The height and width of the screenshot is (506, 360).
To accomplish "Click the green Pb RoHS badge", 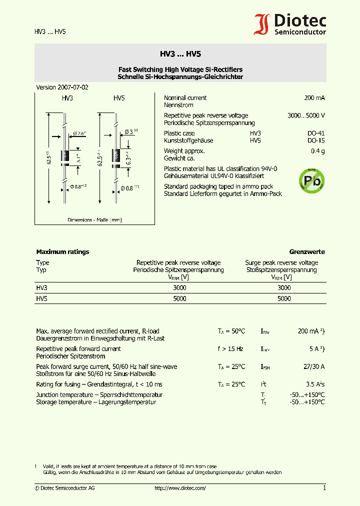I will (x=311, y=180).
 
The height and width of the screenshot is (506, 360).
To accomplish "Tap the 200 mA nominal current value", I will (x=314, y=98).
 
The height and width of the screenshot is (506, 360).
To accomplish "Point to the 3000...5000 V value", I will (x=306, y=115).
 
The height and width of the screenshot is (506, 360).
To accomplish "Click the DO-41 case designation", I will (x=315, y=133).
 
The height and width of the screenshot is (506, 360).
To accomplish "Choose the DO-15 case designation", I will (x=315, y=141).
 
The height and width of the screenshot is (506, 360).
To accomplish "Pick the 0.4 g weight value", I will (x=317, y=151).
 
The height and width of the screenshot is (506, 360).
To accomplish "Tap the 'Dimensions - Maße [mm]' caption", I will (x=94, y=220).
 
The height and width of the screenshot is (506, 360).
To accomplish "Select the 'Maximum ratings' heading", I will (x=62, y=252).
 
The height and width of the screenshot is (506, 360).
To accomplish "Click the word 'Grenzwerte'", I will (x=307, y=252).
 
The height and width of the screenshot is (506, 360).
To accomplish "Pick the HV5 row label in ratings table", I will (x=41, y=298).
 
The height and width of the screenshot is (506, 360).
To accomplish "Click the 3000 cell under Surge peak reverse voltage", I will (x=283, y=288).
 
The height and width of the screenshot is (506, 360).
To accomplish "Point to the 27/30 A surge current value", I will (x=313, y=367).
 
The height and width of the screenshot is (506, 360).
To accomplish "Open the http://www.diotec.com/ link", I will (x=180, y=488).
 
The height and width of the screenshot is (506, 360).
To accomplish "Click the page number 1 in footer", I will (x=324, y=488).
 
